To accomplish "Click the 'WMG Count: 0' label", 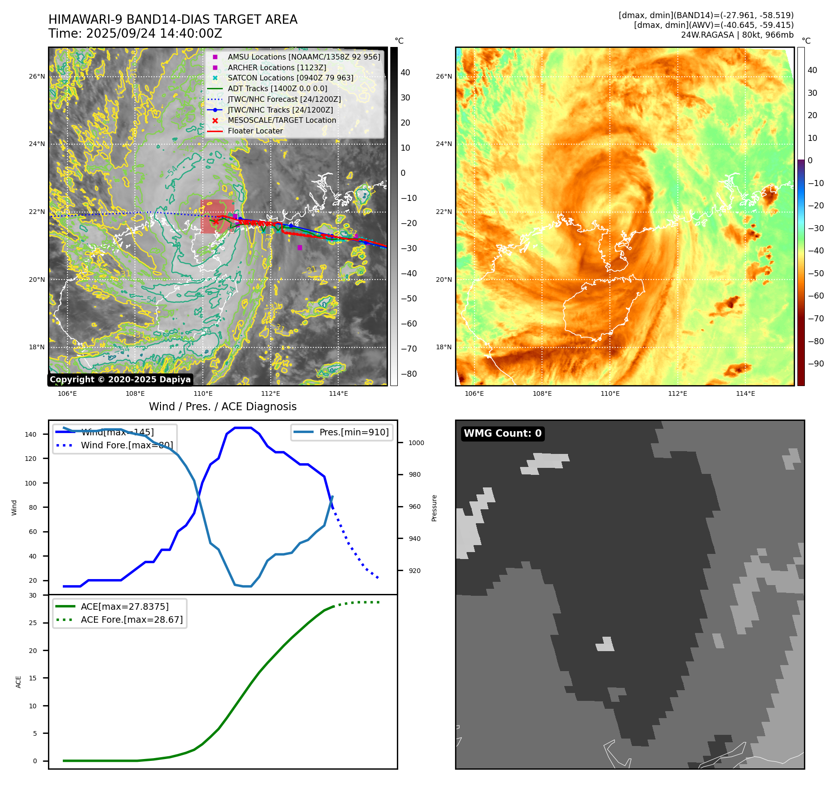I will (x=502, y=433).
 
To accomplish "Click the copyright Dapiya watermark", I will (x=120, y=380).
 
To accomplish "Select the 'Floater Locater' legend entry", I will (x=255, y=131).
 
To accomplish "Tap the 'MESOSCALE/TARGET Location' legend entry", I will (x=281, y=120).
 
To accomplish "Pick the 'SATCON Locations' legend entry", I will (x=290, y=78).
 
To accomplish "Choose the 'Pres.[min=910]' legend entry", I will (x=354, y=433).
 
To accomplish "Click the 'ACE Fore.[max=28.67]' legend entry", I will (x=132, y=620).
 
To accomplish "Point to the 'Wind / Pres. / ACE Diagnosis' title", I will (x=222, y=407).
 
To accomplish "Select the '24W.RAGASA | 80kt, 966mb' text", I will (x=737, y=35).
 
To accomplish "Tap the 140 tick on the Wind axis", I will (x=31, y=435).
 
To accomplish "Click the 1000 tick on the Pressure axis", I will (x=416, y=443).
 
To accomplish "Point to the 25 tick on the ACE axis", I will (x=33, y=623).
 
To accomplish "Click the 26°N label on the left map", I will (x=37, y=77).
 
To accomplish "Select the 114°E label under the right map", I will (x=745, y=394).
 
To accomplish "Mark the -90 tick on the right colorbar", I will (x=816, y=364).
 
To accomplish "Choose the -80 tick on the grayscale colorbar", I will (x=408, y=374).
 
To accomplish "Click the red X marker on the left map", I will (x=215, y=222).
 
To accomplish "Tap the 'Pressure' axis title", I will (x=434, y=508).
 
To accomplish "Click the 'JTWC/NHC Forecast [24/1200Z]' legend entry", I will (x=284, y=100).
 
